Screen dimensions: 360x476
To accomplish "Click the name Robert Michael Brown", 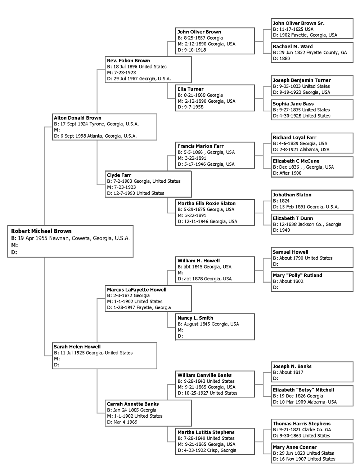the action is (41, 231).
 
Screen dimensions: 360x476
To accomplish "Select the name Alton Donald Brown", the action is (77, 118).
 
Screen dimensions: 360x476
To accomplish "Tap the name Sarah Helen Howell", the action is (77, 347).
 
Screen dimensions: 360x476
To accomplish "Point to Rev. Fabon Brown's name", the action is (128, 61).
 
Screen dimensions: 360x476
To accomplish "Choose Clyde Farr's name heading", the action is (119, 175).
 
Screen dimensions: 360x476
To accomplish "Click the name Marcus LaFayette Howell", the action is (136, 290).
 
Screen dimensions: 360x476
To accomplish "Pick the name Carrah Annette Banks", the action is (132, 404).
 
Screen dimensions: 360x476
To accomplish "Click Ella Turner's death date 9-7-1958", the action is (190, 107).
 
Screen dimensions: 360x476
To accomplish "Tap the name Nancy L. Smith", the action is (195, 318).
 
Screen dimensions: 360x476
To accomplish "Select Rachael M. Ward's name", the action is (293, 46).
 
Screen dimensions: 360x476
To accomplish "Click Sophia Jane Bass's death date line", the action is (302, 116).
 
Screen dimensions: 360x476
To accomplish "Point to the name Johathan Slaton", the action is (292, 195).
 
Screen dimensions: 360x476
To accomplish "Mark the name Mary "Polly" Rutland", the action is (297, 275).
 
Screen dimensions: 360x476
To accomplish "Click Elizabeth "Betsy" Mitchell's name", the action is (303, 390).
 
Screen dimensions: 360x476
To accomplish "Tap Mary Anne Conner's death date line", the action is (304, 459).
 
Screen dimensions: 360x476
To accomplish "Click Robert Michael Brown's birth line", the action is (70, 238).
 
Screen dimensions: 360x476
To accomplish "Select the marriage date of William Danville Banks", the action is (206, 387).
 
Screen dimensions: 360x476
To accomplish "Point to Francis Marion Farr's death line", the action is (206, 164).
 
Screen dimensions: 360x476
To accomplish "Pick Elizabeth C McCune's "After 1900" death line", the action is (287, 173).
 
